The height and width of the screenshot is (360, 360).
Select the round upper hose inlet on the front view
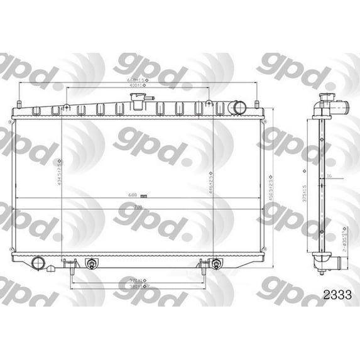click(237, 108)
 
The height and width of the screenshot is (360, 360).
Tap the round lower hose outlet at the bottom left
click(38, 263)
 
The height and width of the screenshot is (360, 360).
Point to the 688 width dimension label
click(133, 195)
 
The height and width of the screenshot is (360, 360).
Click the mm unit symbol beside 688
click(144, 195)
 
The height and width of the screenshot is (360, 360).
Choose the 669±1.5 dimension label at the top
click(137, 80)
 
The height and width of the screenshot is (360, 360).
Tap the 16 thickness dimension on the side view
click(329, 176)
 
